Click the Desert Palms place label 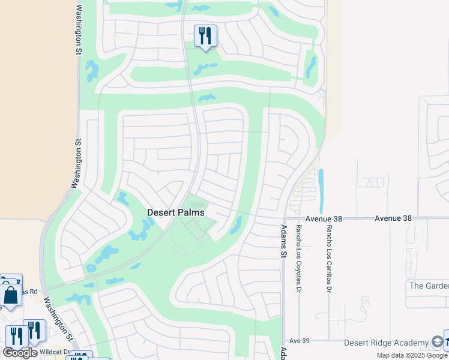[x=176, y=212]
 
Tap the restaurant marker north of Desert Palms [x=205, y=37]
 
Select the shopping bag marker [x=11, y=295]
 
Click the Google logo [x=20, y=353]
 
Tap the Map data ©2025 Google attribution [x=412, y=355]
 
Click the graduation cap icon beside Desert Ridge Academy [x=438, y=342]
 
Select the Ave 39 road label [x=298, y=340]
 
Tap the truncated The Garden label [x=428, y=285]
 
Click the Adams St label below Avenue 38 [x=284, y=241]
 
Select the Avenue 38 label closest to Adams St [x=323, y=219]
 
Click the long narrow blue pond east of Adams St [x=321, y=191]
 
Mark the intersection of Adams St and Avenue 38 [x=284, y=219]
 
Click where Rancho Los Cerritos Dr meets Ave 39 [x=329, y=340]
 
